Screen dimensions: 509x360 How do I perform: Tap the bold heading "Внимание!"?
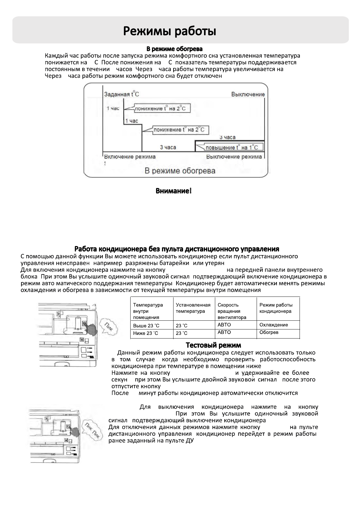(174, 191)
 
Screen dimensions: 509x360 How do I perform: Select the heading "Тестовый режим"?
(213, 345)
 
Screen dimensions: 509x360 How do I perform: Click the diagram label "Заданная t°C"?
(122, 94)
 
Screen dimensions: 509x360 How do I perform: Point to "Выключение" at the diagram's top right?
(248, 94)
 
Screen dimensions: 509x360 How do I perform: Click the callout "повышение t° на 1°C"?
(232, 148)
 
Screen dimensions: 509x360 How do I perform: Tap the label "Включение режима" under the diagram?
(130, 157)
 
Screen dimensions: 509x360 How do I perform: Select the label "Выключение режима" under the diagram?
(234, 157)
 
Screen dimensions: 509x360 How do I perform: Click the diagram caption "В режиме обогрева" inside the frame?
(180, 171)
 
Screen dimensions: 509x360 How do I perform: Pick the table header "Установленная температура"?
(193, 308)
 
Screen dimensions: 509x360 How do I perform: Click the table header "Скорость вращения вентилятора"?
(232, 311)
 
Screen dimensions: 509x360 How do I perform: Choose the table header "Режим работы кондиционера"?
(276, 308)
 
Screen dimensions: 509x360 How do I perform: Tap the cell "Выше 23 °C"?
(146, 326)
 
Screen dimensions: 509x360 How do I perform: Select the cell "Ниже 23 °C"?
(146, 333)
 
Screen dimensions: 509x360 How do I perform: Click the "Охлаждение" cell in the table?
(274, 325)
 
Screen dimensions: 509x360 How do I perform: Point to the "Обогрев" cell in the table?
(269, 332)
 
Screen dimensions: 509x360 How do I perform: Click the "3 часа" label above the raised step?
(227, 137)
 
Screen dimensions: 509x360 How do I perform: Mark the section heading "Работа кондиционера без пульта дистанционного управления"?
(177, 249)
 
